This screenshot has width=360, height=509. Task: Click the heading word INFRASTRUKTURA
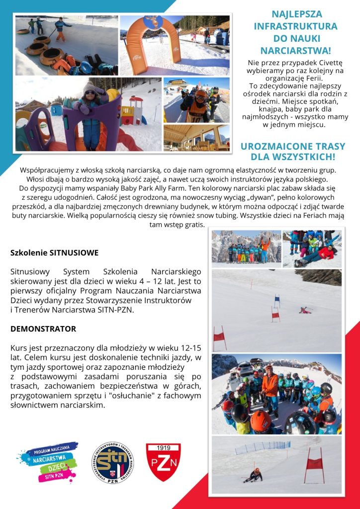(x=295, y=26)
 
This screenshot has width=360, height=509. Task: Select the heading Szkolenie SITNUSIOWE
(x=54, y=253)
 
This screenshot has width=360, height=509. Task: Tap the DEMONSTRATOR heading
(x=43, y=329)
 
